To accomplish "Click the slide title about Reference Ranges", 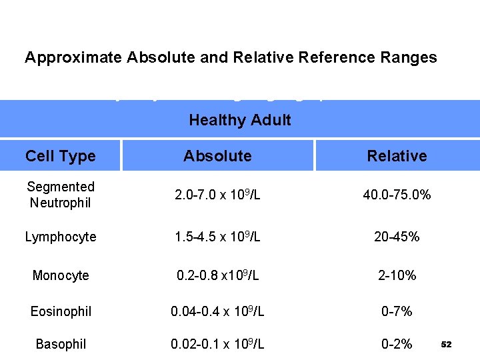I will [x=231, y=57].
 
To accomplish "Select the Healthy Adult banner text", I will [x=240, y=120].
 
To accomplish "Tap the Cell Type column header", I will [x=60, y=156].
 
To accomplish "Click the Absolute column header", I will [x=217, y=156].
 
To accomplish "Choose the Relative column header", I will [x=397, y=156].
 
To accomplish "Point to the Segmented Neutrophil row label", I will [x=60, y=195].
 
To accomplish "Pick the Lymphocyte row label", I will [x=61, y=237].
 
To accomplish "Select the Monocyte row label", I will [x=61, y=275].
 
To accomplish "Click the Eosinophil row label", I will [x=61, y=311].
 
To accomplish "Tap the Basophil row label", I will [x=61, y=344].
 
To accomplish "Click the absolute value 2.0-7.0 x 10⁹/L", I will [x=217, y=195].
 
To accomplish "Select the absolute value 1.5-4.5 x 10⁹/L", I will [x=217, y=237].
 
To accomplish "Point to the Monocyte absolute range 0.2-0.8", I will [x=217, y=275].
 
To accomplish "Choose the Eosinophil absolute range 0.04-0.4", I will [x=217, y=311].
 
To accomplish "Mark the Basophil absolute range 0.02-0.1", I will [x=217, y=344].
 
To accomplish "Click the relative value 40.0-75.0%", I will [x=397, y=195].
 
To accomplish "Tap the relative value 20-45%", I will [x=397, y=237].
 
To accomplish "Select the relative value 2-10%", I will [x=397, y=275].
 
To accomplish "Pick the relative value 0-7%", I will [x=397, y=311].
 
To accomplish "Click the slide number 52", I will [x=447, y=345].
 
